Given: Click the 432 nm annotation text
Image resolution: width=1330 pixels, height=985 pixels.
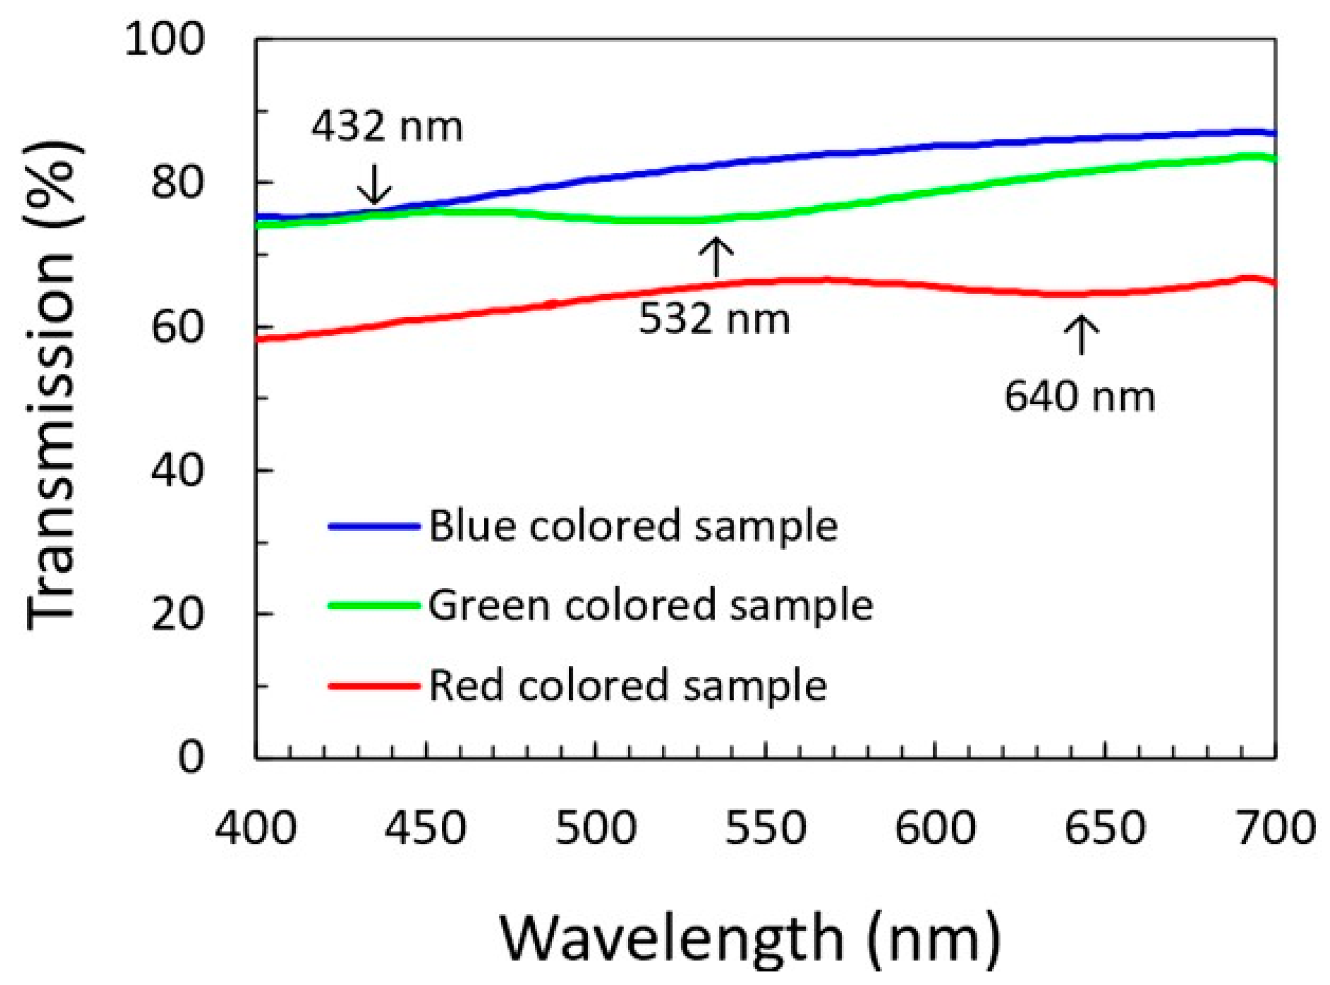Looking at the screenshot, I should click(x=387, y=127).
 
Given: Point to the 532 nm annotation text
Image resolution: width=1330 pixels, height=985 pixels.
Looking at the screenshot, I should click(x=714, y=319).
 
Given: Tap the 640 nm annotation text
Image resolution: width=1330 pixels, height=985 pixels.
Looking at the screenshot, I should click(x=1079, y=397).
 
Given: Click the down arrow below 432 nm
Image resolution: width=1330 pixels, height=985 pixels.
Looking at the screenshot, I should click(x=374, y=184).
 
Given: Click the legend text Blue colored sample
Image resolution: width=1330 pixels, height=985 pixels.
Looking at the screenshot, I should click(x=633, y=526).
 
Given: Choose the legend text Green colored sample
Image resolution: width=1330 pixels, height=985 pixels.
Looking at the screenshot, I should click(x=651, y=605).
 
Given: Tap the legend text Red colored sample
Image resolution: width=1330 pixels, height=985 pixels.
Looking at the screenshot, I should click(x=627, y=685).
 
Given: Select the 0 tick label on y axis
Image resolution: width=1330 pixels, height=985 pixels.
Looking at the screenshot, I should click(x=191, y=758).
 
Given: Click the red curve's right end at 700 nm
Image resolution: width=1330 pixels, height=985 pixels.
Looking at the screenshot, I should click(x=1273, y=283).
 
